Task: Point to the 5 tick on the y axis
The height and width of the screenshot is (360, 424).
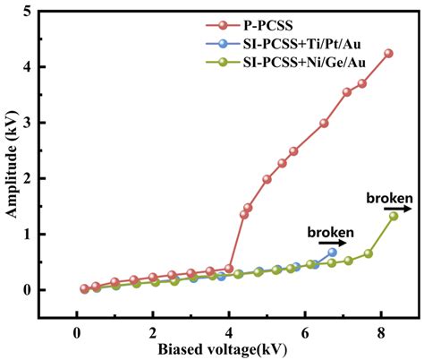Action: click(39, 11)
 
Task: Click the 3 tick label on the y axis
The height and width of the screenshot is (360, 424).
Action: click(39, 123)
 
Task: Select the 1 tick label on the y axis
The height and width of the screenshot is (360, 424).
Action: click(39, 235)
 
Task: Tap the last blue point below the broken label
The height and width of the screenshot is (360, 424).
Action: click(333, 253)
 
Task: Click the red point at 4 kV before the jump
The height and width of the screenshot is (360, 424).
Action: click(229, 269)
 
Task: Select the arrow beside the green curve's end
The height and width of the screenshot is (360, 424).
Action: click(408, 209)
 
